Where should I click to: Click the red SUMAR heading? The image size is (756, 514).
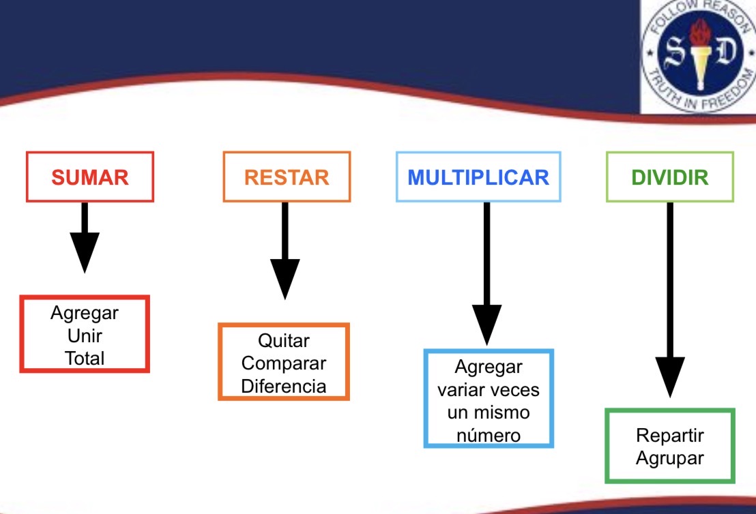(90, 177)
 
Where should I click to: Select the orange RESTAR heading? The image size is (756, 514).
(287, 177)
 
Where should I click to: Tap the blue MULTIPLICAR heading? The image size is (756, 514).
(478, 177)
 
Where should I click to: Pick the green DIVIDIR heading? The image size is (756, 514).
(670, 177)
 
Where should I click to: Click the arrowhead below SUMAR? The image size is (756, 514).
(85, 252)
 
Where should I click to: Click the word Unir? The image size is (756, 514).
(85, 335)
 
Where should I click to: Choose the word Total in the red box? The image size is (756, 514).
(85, 357)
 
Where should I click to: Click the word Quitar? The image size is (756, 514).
(284, 340)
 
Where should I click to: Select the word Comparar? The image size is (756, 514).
(284, 363)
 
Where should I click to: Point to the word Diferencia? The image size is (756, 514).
(284, 387)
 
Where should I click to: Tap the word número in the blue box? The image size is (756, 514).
(489, 435)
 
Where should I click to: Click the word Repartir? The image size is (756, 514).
(669, 435)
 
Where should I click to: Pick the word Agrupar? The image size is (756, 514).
(669, 457)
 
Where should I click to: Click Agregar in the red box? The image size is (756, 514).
(85, 313)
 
